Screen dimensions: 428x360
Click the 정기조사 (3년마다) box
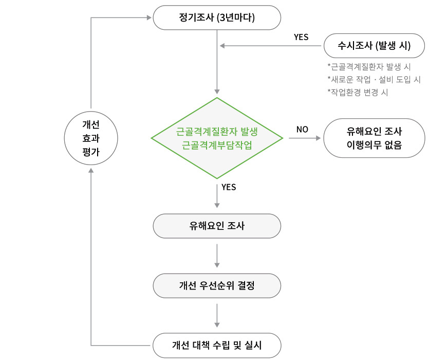217,17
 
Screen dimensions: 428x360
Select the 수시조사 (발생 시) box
374,46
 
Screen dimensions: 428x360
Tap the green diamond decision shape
217,138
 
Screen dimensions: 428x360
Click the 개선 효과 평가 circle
91,138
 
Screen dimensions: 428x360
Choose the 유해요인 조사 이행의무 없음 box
374,138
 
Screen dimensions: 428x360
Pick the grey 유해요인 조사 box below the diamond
217,226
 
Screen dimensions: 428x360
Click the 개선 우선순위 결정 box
217,286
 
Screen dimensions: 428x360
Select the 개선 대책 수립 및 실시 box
217,346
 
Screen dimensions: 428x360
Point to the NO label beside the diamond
302,130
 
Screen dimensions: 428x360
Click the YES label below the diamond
229,187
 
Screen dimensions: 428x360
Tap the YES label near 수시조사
301,37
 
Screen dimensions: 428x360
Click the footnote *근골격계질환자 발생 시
369,67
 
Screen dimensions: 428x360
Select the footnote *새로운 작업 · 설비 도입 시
374,80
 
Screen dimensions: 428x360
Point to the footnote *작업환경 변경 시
358,93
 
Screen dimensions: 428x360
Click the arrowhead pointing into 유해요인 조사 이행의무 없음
318,138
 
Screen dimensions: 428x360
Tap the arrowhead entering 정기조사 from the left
149,18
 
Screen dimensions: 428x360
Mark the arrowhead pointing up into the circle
91,170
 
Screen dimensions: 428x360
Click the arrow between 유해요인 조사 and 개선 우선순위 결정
217,256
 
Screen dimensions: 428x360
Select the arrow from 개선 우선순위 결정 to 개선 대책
217,316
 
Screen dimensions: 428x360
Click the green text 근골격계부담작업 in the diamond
217,145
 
